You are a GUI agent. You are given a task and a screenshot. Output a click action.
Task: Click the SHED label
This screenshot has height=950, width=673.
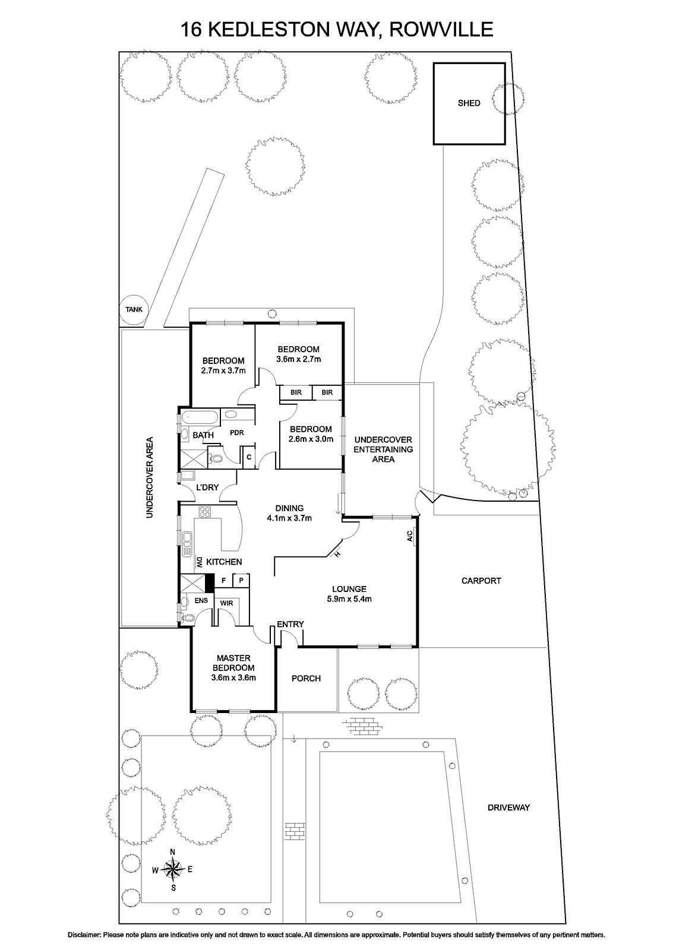pos(469,103)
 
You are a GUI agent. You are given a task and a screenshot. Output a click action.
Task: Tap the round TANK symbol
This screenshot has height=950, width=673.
pos(134,310)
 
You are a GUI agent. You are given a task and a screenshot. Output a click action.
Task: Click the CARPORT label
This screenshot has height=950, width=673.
pos(481,581)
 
